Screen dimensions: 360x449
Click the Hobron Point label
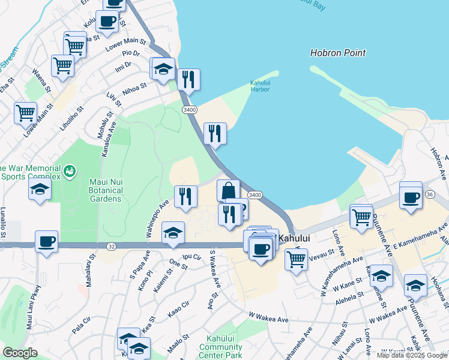(338, 53)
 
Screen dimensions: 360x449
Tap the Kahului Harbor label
(260, 86)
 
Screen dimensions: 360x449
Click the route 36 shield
(430, 194)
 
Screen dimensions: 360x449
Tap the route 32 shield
(112, 246)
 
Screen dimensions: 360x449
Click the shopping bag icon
(229, 190)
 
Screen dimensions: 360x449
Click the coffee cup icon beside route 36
(411, 197)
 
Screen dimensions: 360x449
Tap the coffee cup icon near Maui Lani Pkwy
(46, 242)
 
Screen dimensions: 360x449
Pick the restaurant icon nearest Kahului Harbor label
(188, 79)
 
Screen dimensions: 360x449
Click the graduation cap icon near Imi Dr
(163, 68)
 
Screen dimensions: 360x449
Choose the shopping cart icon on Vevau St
(297, 260)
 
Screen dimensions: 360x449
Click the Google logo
(20, 353)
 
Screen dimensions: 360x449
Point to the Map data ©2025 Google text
(411, 355)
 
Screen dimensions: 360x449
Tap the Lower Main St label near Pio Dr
(125, 43)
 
